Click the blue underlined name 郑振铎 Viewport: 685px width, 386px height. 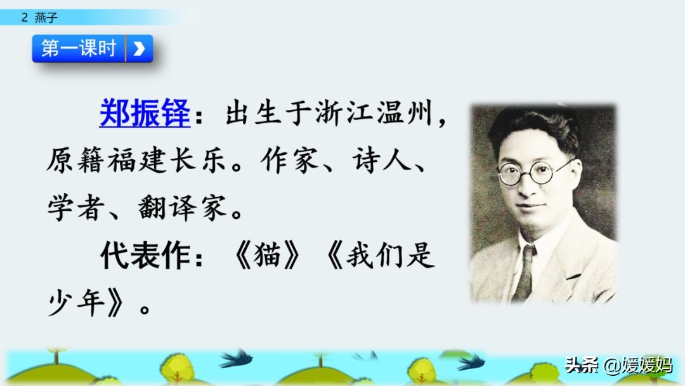145,114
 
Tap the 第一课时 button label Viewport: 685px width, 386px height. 79,48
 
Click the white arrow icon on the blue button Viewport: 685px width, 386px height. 140,48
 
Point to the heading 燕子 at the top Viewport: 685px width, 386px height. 46,18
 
